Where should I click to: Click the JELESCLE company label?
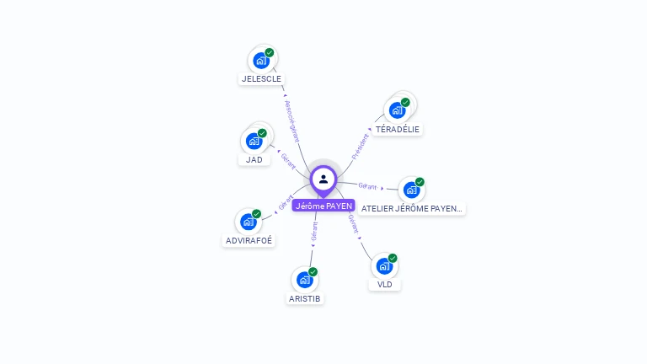[x=261, y=78]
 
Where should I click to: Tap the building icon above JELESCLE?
[x=261, y=61]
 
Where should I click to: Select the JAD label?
[x=254, y=159]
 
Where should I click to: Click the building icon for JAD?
[x=254, y=141]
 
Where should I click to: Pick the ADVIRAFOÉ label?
[x=249, y=240]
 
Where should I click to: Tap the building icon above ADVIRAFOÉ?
[x=249, y=222]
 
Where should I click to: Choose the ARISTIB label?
[x=305, y=298]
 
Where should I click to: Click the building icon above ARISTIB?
[x=304, y=279]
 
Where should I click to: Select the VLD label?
[x=385, y=284]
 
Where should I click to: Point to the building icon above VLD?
[x=384, y=265]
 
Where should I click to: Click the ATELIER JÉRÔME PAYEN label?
[x=412, y=207]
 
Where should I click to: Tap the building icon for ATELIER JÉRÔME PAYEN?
[x=411, y=190]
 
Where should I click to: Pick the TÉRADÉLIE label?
[x=398, y=129]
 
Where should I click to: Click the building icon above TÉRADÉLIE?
[x=397, y=110]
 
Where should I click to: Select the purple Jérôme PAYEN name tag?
[x=323, y=206]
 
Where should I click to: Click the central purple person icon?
[x=323, y=179]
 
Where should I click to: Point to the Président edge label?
[x=360, y=146]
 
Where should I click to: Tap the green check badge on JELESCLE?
[x=270, y=53]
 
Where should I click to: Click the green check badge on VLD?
[x=393, y=258]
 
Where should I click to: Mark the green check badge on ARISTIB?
[x=313, y=271]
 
